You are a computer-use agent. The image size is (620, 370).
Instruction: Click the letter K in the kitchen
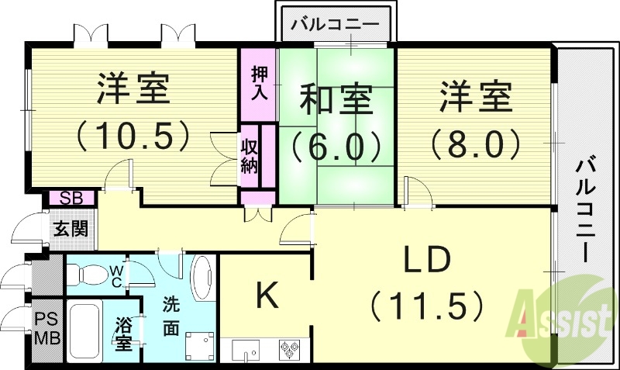click(x=267, y=294)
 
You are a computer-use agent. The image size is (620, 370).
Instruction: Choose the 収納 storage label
click(x=249, y=155)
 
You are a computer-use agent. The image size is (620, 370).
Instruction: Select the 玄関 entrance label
click(x=70, y=228)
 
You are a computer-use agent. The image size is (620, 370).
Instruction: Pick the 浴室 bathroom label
click(x=124, y=334)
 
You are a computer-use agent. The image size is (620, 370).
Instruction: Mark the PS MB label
click(x=46, y=330)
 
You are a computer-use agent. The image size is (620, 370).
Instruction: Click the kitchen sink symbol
click(x=246, y=351)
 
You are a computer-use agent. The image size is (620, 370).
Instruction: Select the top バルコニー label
click(x=336, y=24)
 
